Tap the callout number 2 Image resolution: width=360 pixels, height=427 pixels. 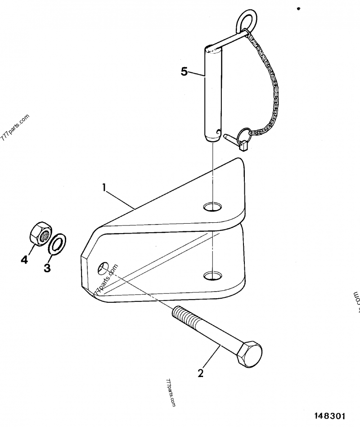[201, 373]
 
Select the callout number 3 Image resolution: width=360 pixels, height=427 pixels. [47, 268]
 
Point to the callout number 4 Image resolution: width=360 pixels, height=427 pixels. [23, 260]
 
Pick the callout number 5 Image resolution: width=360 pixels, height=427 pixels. [184, 72]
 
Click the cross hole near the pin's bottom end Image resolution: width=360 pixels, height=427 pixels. [218, 132]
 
